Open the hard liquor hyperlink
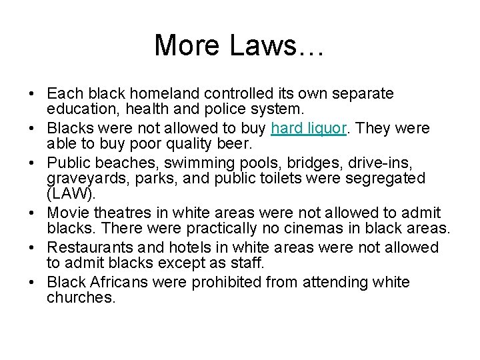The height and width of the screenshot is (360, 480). tap(307, 127)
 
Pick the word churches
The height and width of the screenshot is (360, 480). tap(81, 299)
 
